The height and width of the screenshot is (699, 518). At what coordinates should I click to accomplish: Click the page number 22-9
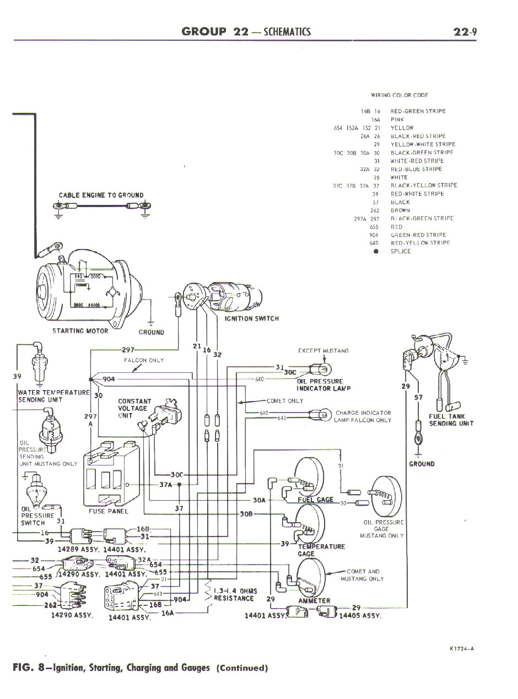click(465, 31)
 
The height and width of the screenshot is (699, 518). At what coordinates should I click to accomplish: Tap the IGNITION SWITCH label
click(251, 318)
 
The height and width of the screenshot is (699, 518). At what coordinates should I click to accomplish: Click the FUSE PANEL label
click(109, 511)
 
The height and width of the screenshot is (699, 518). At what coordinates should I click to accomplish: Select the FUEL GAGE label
click(315, 500)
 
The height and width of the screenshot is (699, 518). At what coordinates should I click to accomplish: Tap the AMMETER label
click(314, 600)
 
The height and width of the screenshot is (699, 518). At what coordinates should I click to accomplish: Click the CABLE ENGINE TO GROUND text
click(101, 195)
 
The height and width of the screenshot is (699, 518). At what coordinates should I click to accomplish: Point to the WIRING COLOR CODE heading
click(400, 95)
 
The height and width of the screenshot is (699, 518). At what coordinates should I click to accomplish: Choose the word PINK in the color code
click(397, 120)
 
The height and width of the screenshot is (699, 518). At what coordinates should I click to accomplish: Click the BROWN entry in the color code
click(400, 210)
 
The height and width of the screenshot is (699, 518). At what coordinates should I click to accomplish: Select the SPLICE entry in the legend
click(401, 251)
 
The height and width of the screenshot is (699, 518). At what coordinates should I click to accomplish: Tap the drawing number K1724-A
click(458, 648)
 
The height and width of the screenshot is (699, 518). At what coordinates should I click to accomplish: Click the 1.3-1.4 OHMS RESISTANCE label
click(234, 595)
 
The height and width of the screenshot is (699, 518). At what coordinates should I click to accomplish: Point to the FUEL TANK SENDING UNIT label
click(451, 420)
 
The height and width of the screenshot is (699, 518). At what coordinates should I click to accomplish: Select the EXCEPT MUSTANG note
click(323, 351)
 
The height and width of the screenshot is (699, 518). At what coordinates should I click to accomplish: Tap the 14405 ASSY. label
click(360, 615)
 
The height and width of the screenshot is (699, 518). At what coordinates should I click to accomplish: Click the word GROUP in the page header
click(204, 31)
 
